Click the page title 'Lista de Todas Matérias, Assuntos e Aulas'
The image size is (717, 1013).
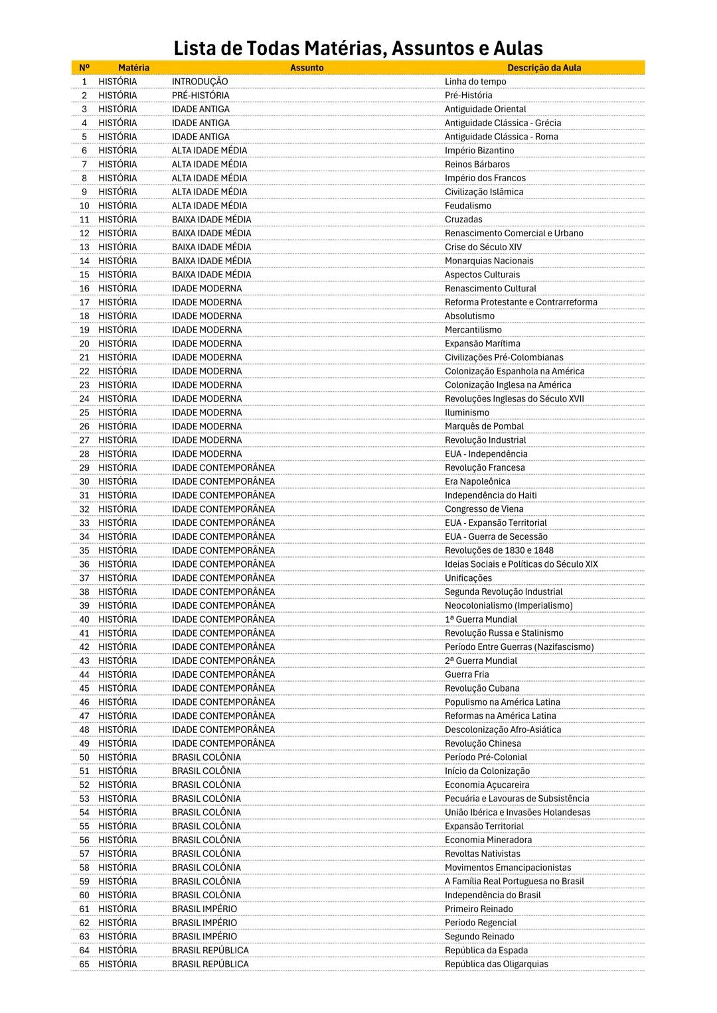click(358, 48)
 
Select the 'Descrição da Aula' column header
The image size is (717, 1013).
click(544, 68)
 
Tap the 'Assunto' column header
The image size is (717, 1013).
click(307, 68)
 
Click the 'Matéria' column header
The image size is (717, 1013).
click(133, 68)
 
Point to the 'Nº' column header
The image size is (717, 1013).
click(84, 68)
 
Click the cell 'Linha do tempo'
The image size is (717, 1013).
click(475, 82)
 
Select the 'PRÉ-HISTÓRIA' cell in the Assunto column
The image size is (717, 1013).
click(200, 96)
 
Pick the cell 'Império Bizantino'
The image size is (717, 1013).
click(479, 151)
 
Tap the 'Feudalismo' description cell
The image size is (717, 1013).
click(467, 206)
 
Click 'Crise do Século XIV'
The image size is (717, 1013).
click(483, 247)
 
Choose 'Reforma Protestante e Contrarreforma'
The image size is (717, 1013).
click(520, 302)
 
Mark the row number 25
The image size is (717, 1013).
click(84, 412)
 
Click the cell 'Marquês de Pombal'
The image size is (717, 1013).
click(483, 426)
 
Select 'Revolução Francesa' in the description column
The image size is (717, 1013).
click(484, 467)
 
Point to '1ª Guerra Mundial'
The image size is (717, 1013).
click(480, 619)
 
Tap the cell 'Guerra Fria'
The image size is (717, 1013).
click(466, 674)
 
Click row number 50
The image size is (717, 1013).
click(84, 757)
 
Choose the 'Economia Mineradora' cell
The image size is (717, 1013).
click(488, 840)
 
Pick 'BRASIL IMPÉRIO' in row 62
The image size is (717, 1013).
click(204, 923)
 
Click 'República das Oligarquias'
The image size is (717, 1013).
click(496, 964)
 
